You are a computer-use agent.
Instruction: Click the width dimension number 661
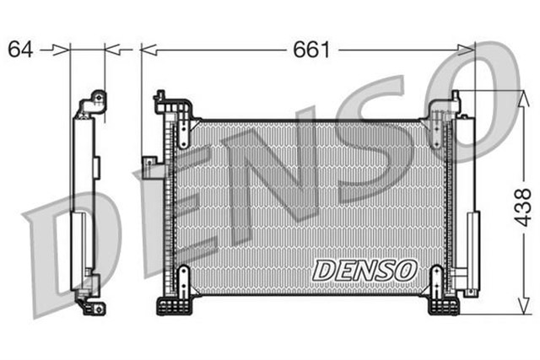(x=311, y=50)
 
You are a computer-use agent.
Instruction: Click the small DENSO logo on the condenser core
(x=364, y=270)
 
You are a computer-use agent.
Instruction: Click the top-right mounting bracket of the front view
(x=440, y=110)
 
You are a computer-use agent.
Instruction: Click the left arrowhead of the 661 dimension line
(x=147, y=51)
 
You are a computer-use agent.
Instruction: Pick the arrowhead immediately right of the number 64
(x=62, y=51)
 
